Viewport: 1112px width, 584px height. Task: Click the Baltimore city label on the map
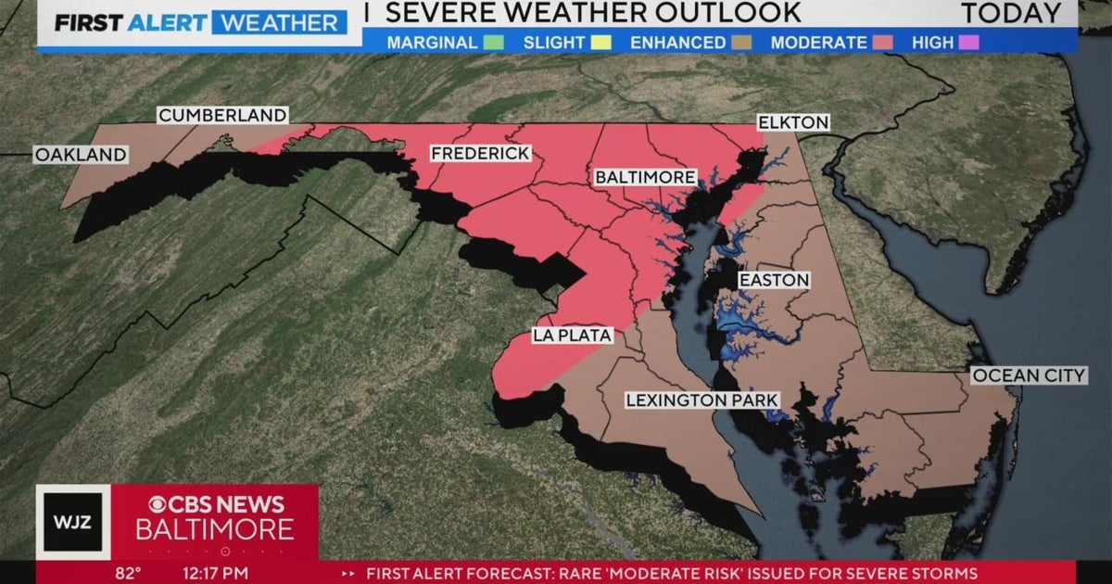pyautogui.click(x=645, y=176)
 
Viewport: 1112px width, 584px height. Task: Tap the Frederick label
pyautogui.click(x=480, y=153)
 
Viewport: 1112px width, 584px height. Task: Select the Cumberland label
pyautogui.click(x=222, y=115)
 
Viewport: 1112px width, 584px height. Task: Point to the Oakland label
pyautogui.click(x=81, y=155)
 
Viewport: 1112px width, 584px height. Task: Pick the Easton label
pyautogui.click(x=774, y=280)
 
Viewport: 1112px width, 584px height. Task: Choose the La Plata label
pyautogui.click(x=572, y=336)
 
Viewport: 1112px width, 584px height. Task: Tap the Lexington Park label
pyautogui.click(x=701, y=400)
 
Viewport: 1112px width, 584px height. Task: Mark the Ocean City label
pyautogui.click(x=1028, y=375)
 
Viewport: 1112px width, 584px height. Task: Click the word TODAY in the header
pyautogui.click(x=1010, y=14)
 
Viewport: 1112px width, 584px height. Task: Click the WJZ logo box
pyautogui.click(x=74, y=521)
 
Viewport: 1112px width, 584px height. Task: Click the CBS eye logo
pyautogui.click(x=159, y=503)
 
